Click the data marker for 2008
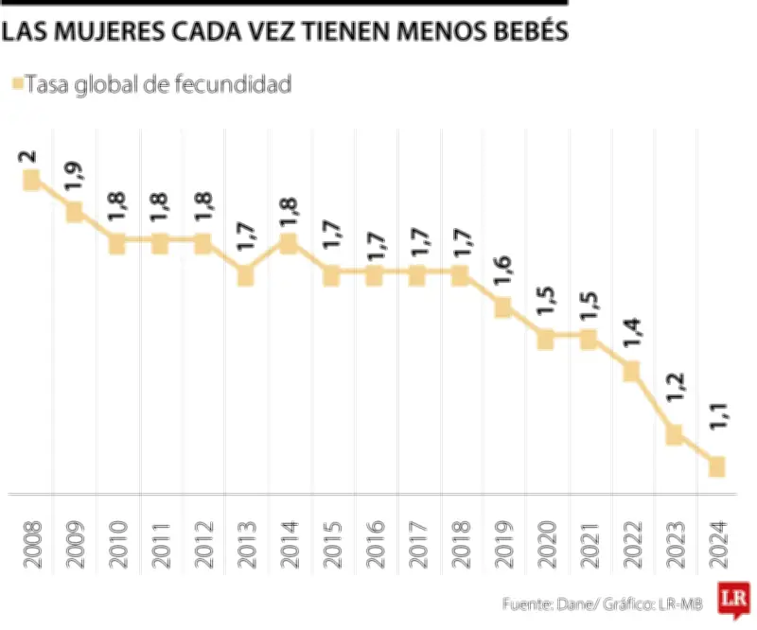(x=31, y=180)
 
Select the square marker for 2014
(x=288, y=243)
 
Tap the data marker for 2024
(x=716, y=466)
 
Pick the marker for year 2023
(x=674, y=434)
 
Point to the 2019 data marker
(x=502, y=307)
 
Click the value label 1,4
(x=631, y=336)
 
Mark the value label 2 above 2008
(x=31, y=156)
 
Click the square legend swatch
(x=15, y=85)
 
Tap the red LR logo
(x=731, y=598)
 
